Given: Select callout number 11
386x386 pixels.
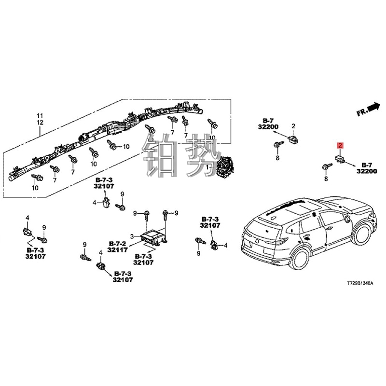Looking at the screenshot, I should (41, 116).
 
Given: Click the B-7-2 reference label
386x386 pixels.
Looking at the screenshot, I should (118, 244).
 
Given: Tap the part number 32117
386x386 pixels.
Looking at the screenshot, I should (118, 251).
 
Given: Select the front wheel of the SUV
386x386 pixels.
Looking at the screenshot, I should (361, 232).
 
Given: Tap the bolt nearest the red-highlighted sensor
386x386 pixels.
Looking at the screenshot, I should (326, 167).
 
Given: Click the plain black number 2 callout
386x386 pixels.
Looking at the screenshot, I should (293, 126).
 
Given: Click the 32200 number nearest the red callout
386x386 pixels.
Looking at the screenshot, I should (367, 171).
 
